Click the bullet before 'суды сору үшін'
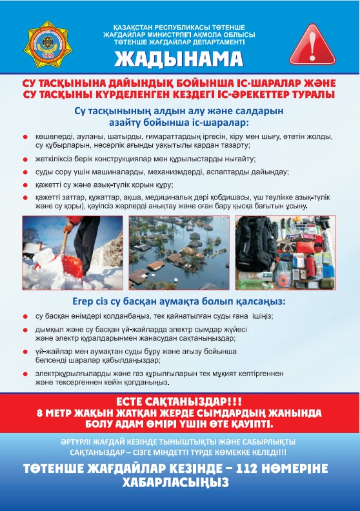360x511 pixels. [25, 172]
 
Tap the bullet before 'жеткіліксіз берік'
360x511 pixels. [25, 159]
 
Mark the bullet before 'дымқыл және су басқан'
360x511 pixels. [25, 330]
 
